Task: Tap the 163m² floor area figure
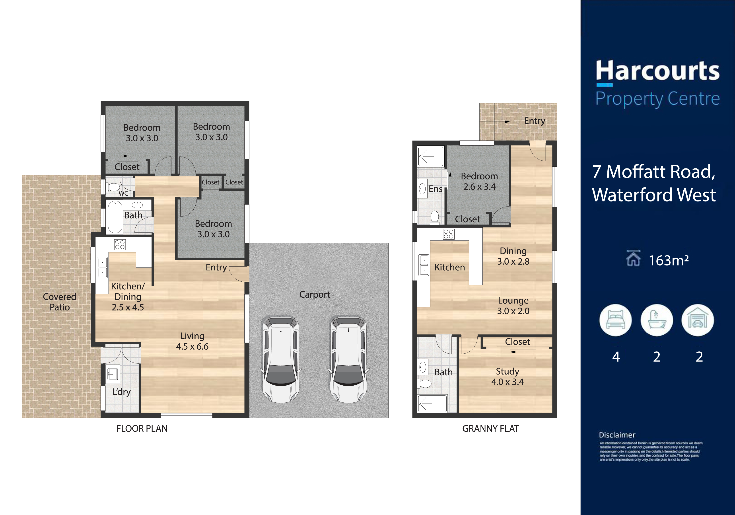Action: tap(668, 260)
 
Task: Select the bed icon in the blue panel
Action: tap(615, 320)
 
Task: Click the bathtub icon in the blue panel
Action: tap(657, 320)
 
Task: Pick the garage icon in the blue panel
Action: tap(698, 320)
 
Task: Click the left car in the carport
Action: tap(281, 359)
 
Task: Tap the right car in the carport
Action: tap(348, 359)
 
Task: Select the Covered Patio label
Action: tap(60, 302)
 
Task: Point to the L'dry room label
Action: tap(122, 392)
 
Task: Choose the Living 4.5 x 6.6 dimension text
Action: tap(192, 341)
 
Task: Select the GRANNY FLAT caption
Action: tap(490, 429)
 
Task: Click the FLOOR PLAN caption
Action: tap(142, 429)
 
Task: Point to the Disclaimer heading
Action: tap(617, 435)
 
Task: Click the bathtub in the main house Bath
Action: tap(115, 217)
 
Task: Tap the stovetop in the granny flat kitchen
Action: tap(449, 234)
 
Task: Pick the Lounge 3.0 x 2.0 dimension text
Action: tap(513, 306)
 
